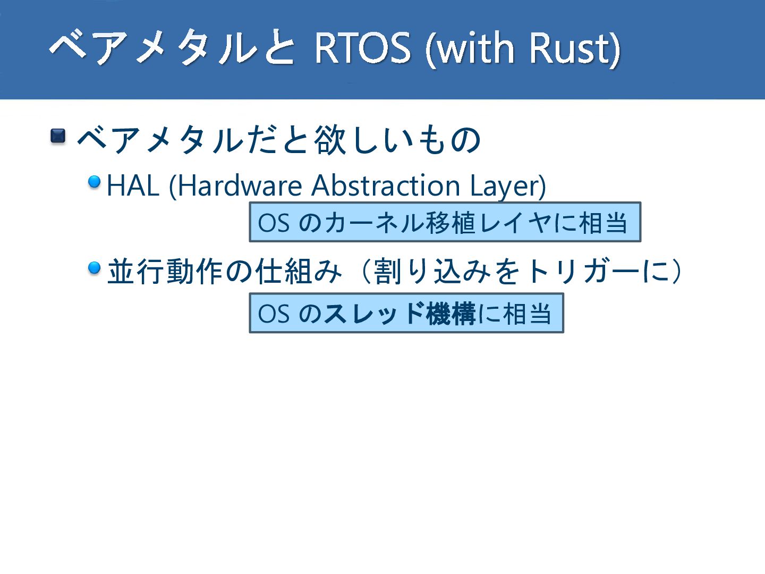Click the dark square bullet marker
[x=58, y=136]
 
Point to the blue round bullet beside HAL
[x=95, y=182]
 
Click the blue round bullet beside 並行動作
[x=95, y=268]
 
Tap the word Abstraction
[x=386, y=185]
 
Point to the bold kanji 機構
[x=451, y=314]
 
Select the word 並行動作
[x=165, y=271]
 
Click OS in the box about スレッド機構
[x=274, y=314]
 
